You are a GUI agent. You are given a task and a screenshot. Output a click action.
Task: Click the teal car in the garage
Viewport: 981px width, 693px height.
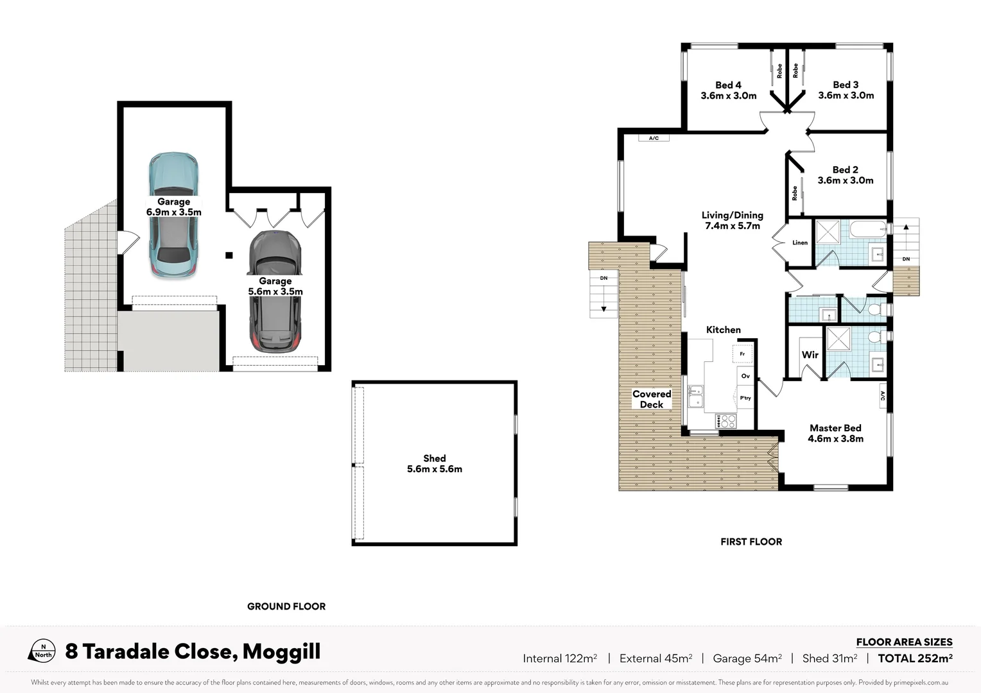pos(174,215)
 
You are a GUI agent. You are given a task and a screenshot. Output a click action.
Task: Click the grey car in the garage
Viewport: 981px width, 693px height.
pos(275,291)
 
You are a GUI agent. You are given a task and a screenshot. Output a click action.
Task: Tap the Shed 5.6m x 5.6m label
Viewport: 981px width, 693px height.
pos(435,464)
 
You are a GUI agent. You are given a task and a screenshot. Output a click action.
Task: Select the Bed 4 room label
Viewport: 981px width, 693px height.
pos(728,90)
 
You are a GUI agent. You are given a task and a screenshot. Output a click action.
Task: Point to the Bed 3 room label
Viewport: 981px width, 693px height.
pos(846,90)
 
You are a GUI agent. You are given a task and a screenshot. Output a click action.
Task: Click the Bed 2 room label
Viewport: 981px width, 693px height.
pos(846,175)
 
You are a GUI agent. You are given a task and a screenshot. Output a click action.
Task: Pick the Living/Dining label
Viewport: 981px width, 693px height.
pos(733,220)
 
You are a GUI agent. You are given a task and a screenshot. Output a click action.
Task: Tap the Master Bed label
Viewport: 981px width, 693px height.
pos(835,433)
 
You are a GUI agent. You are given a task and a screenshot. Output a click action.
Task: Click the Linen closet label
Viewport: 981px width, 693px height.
pos(800,243)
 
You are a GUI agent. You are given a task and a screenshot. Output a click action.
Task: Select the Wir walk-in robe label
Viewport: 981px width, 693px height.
pos(810,355)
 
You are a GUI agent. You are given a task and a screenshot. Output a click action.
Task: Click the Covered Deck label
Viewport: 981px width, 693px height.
pos(652,399)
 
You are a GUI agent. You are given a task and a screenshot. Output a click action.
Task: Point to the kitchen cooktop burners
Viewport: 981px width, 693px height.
pos(725,421)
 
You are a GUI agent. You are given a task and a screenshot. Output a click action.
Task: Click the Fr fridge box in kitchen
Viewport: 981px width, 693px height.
pos(742,354)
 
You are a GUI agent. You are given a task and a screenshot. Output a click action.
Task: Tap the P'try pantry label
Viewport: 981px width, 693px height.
pos(745,398)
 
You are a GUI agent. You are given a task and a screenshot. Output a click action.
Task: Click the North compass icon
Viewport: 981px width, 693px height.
pos(42,651)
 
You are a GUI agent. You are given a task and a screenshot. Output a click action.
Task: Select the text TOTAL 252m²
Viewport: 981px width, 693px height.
pos(915,658)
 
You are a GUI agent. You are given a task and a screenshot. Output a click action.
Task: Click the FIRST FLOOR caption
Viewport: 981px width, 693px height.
pos(751,542)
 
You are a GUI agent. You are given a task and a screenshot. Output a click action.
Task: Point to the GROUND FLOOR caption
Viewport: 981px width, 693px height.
pos(286,606)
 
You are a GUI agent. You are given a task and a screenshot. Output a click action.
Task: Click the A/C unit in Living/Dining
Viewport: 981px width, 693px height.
pos(654,138)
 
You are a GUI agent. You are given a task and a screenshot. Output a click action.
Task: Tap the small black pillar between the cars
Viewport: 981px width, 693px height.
pos(229,255)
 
